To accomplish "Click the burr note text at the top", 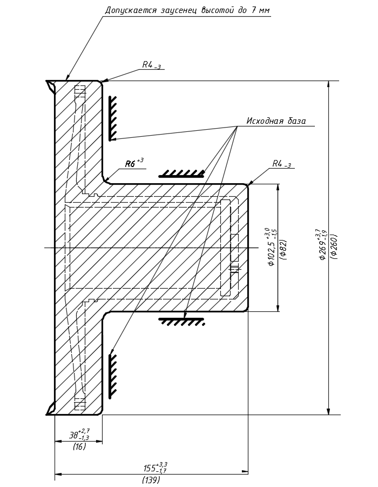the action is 187,10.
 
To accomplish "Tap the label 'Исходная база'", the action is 276,121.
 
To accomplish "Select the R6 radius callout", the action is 134,163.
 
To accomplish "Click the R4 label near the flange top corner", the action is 151,65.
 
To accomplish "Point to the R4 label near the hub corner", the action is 281,164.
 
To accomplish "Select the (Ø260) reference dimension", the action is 334,246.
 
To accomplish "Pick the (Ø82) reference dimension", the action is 283,249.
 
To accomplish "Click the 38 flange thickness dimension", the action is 79,434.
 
